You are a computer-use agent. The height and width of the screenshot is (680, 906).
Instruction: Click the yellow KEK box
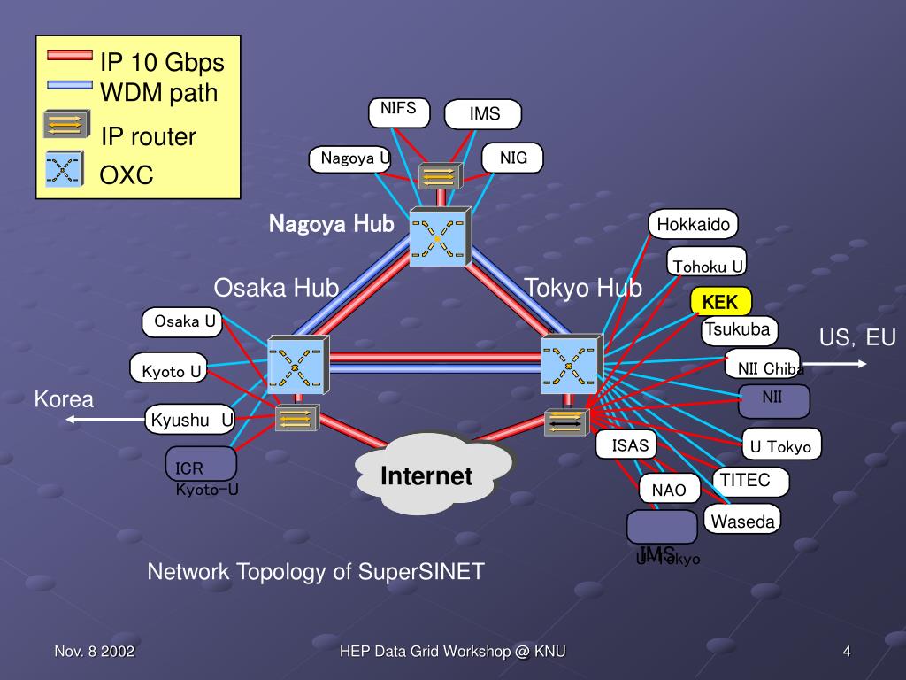click(x=721, y=302)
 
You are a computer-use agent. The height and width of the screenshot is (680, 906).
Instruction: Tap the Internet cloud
click(x=428, y=475)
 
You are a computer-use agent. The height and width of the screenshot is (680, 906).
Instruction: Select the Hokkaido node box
click(x=693, y=225)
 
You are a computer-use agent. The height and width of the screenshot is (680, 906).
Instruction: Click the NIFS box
click(x=399, y=110)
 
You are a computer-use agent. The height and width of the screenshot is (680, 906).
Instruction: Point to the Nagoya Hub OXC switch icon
click(x=439, y=236)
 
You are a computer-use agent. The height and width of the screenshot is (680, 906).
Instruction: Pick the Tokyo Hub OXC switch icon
click(x=571, y=363)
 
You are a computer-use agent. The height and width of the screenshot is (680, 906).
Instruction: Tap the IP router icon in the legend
click(x=66, y=124)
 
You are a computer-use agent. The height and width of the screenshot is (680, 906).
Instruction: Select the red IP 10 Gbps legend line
click(x=68, y=56)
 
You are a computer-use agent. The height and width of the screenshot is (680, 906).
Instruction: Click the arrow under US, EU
click(x=842, y=362)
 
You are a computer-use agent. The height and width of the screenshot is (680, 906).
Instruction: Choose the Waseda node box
click(x=743, y=522)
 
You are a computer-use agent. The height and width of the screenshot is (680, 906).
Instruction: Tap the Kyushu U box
click(x=191, y=420)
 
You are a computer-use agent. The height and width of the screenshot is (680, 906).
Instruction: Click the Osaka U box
click(x=184, y=322)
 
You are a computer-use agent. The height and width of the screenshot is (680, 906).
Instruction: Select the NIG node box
click(x=513, y=158)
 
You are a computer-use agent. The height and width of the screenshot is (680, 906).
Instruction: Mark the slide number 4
click(x=847, y=653)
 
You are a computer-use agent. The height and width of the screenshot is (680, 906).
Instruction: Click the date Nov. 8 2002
click(x=95, y=653)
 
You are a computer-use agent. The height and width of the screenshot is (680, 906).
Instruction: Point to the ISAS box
click(x=630, y=445)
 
